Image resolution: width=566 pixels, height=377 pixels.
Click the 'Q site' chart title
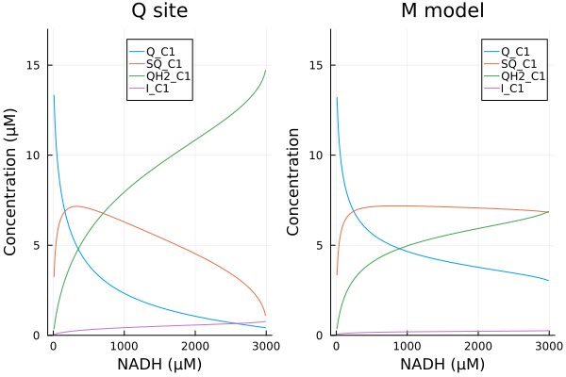point(159,12)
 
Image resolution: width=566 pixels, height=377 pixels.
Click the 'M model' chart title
point(442,12)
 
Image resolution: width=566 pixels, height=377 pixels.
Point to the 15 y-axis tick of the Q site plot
point(38,66)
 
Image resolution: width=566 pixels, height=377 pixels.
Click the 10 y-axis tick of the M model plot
point(321,156)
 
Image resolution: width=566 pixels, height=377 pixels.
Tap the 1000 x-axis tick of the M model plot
point(407,346)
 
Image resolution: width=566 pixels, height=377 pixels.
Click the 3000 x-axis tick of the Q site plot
point(265,346)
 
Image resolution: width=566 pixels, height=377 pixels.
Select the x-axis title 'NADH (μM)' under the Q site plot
point(159,364)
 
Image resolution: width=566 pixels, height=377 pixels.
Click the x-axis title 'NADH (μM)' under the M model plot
point(442,364)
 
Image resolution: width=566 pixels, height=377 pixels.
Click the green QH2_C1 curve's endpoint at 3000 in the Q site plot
point(266,71)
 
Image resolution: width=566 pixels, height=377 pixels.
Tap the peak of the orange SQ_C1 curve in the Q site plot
point(75,206)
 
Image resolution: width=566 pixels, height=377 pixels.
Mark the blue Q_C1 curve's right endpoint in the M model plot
point(549,280)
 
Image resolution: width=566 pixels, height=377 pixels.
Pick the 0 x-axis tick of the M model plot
point(336,346)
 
